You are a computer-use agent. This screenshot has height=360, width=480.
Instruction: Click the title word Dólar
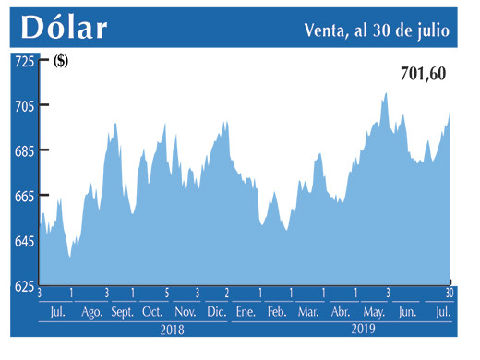click(x=64, y=27)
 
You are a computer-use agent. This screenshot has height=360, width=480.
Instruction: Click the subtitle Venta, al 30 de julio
click(x=377, y=30)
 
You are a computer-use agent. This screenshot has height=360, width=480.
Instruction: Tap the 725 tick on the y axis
click(x=22, y=60)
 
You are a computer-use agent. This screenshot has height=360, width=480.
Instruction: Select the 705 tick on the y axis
click(x=22, y=105)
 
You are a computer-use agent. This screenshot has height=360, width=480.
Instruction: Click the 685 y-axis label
click(x=22, y=150)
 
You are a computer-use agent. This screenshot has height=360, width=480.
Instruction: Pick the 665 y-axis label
click(x=22, y=196)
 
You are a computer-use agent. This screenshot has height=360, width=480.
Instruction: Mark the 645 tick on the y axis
click(x=22, y=241)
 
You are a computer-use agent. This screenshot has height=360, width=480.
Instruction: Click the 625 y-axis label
click(x=22, y=286)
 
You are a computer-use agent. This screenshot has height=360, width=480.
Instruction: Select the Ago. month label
click(x=92, y=312)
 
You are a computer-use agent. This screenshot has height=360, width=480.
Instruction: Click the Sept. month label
click(x=123, y=312)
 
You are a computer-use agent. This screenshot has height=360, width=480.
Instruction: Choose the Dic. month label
click(x=217, y=312)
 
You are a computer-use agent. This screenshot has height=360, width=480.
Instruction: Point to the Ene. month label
click(x=246, y=312)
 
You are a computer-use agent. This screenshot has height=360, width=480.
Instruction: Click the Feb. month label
click(x=277, y=312)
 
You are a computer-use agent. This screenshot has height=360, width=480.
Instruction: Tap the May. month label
click(x=373, y=312)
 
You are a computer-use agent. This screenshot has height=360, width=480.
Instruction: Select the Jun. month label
click(x=406, y=312)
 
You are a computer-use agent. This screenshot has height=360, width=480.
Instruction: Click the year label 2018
click(x=173, y=329)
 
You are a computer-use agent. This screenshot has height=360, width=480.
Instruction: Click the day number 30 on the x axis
click(x=450, y=294)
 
